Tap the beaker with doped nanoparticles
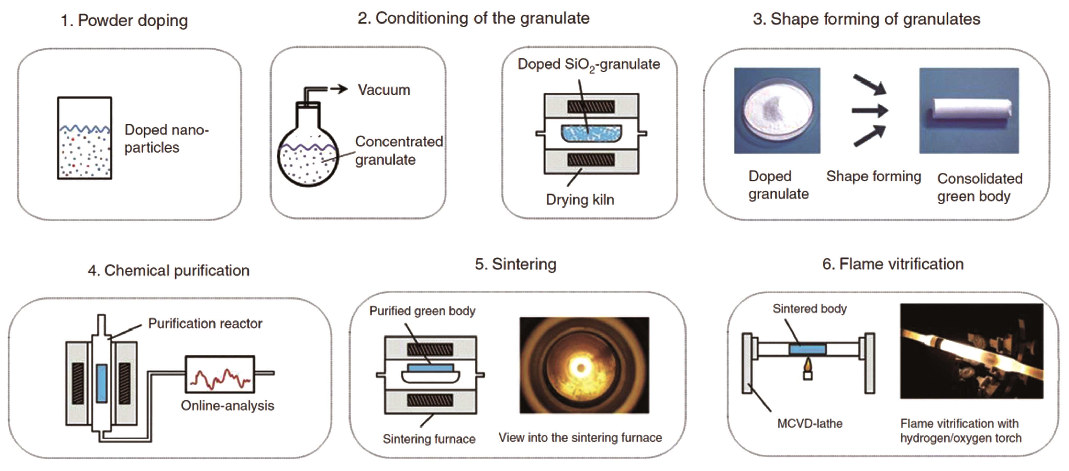tap(85, 138)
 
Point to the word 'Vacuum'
tap(384, 90)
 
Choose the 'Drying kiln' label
tap(580, 200)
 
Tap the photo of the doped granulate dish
tap(777, 111)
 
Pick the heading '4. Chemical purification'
tap(168, 271)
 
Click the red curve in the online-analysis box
tap(220, 378)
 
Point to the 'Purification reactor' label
tap(205, 323)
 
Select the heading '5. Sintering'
tap(515, 264)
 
